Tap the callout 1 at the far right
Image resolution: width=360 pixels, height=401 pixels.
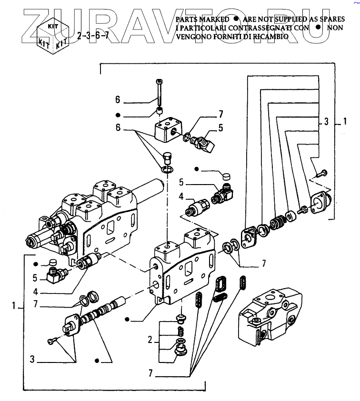344,122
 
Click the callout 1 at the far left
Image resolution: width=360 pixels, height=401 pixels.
15,305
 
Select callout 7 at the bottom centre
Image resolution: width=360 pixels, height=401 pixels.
150,374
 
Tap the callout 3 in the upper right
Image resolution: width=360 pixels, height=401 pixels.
326,122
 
